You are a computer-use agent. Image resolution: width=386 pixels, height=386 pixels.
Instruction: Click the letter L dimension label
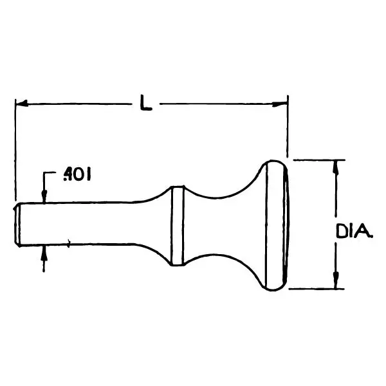click(x=146, y=102)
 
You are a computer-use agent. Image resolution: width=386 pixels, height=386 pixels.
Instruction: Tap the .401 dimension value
click(x=77, y=174)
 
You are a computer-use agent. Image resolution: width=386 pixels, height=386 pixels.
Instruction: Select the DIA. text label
click(x=354, y=232)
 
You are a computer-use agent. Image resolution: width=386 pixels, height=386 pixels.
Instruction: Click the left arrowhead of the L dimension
click(x=22, y=104)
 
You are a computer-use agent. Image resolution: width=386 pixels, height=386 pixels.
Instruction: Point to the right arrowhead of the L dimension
click(x=280, y=104)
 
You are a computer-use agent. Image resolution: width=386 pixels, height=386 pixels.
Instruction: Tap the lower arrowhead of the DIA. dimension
click(x=335, y=280)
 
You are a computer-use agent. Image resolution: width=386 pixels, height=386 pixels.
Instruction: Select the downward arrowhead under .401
click(x=44, y=196)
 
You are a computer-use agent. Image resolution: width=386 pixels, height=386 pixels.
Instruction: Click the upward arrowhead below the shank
click(x=44, y=253)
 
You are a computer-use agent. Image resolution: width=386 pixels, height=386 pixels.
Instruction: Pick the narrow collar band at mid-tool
click(x=178, y=226)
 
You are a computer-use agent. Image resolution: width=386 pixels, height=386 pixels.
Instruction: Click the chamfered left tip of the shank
click(x=17, y=225)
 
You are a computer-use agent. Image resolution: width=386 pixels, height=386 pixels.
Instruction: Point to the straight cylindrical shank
click(x=77, y=224)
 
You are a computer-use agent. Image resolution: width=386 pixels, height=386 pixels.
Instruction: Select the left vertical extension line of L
click(x=15, y=150)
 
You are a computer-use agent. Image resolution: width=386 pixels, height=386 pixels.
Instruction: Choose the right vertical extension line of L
click(x=288, y=126)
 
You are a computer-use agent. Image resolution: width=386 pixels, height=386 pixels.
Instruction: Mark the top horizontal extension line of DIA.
click(x=319, y=160)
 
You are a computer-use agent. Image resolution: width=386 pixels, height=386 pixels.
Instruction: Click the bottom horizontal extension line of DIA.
click(x=317, y=289)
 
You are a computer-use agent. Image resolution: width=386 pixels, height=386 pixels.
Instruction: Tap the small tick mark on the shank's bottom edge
click(x=69, y=243)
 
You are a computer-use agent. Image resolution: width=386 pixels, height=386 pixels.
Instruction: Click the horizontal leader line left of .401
click(x=50, y=172)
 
